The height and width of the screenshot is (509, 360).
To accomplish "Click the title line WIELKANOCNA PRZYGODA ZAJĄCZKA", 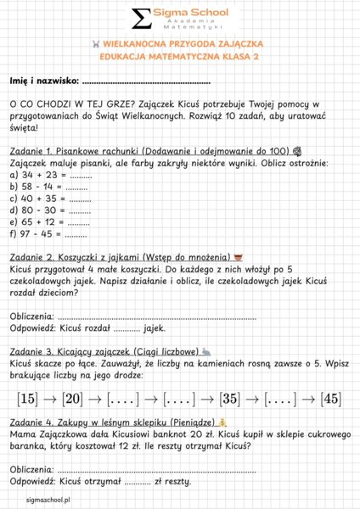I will pyautogui.click(x=180, y=42).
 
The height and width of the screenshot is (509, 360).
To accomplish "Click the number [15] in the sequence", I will pyautogui.click(x=27, y=398).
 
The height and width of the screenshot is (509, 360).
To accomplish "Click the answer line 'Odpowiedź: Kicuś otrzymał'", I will pyautogui.click(x=101, y=481).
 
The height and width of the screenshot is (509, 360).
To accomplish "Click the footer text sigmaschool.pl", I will pyautogui.click(x=48, y=501).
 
